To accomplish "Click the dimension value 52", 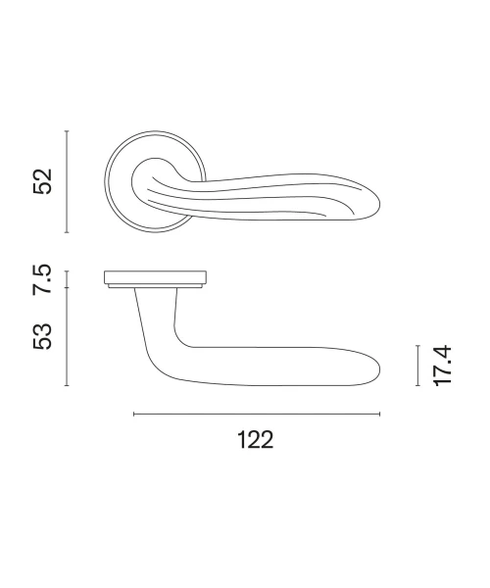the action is coord(42,181).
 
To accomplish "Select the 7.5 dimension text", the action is coord(42,279).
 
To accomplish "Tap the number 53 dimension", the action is coord(42,336).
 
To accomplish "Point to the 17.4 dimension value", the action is coord(442,366).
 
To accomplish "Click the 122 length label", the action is coord(256,440).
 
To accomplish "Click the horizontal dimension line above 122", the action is coord(257,414).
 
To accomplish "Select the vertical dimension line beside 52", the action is coord(67,181).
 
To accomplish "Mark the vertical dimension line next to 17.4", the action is coord(417,366).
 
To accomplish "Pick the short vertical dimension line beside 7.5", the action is coord(67,279).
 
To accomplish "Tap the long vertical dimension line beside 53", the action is coord(67,336).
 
